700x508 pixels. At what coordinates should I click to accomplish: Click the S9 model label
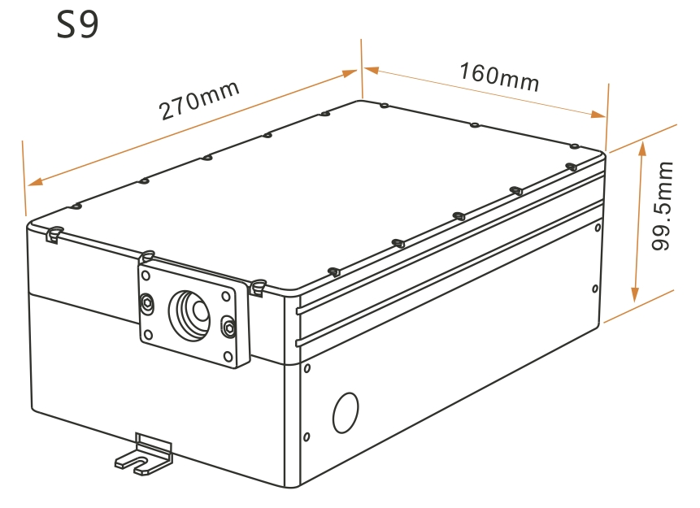[78, 25]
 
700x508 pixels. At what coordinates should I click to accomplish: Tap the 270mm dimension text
[199, 101]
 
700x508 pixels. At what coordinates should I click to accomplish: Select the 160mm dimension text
[499, 77]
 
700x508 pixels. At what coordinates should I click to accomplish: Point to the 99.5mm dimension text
[662, 206]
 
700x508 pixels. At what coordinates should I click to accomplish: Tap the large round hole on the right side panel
[346, 412]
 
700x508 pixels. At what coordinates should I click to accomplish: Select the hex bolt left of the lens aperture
[146, 303]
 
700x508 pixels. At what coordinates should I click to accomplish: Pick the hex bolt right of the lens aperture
[228, 328]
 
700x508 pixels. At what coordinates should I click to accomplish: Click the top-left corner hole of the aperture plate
[146, 276]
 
